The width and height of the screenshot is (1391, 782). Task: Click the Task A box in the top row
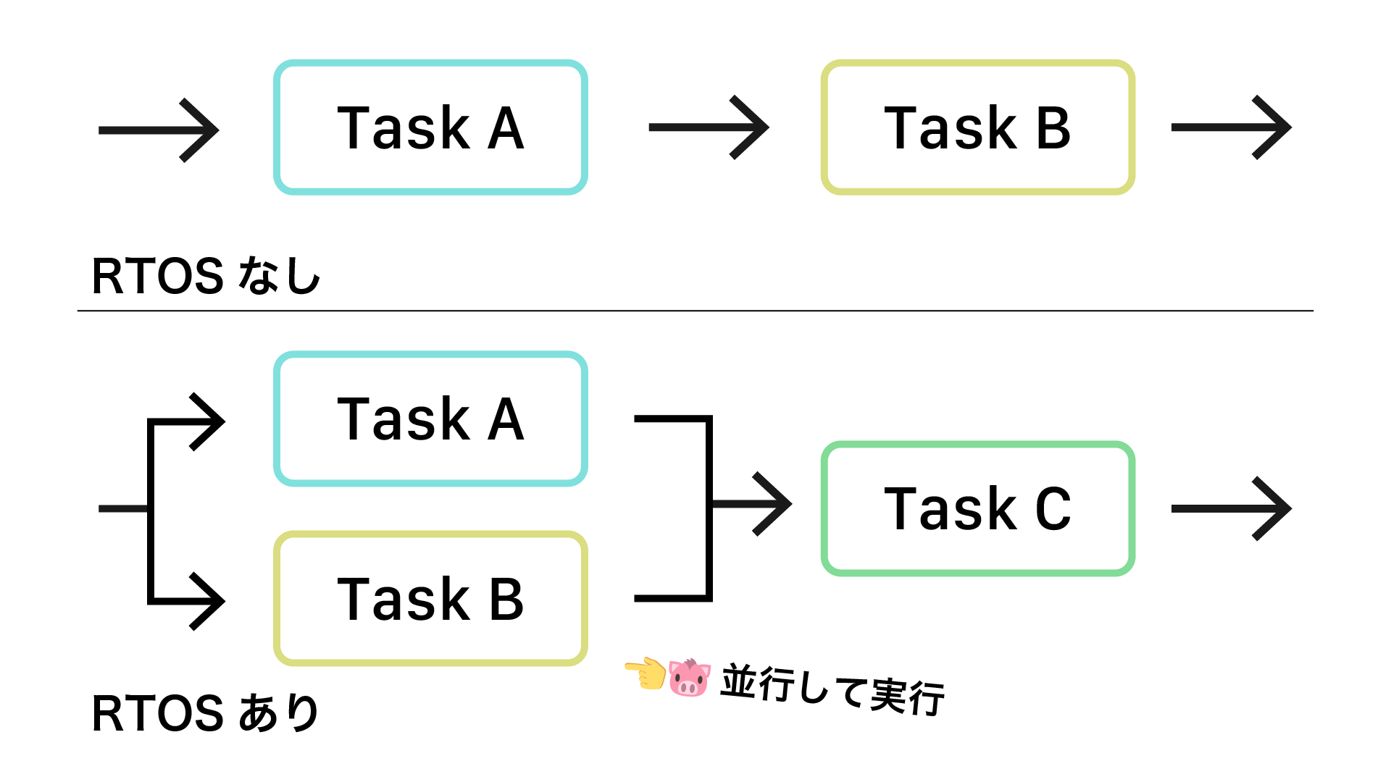(430, 127)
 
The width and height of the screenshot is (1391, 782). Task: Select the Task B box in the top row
(977, 127)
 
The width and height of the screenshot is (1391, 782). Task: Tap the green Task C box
(977, 508)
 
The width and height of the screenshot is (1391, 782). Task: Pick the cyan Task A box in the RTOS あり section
(430, 419)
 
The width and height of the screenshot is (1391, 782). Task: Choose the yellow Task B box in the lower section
(430, 599)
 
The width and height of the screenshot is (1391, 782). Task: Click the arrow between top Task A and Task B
(709, 127)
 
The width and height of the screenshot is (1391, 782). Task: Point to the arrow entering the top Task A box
(159, 130)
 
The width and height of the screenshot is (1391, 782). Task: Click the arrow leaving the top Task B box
(1231, 127)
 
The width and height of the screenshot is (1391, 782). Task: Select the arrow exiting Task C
(1231, 508)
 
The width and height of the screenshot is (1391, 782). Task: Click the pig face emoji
(689, 678)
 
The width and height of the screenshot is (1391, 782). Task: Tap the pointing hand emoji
(646, 673)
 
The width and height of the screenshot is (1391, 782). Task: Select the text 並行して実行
(832, 689)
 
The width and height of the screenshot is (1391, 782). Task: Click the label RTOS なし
(206, 276)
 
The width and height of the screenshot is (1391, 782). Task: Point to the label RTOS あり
(206, 713)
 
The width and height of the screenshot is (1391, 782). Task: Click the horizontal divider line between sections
(695, 311)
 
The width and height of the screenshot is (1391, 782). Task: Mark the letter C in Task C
(1053, 509)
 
